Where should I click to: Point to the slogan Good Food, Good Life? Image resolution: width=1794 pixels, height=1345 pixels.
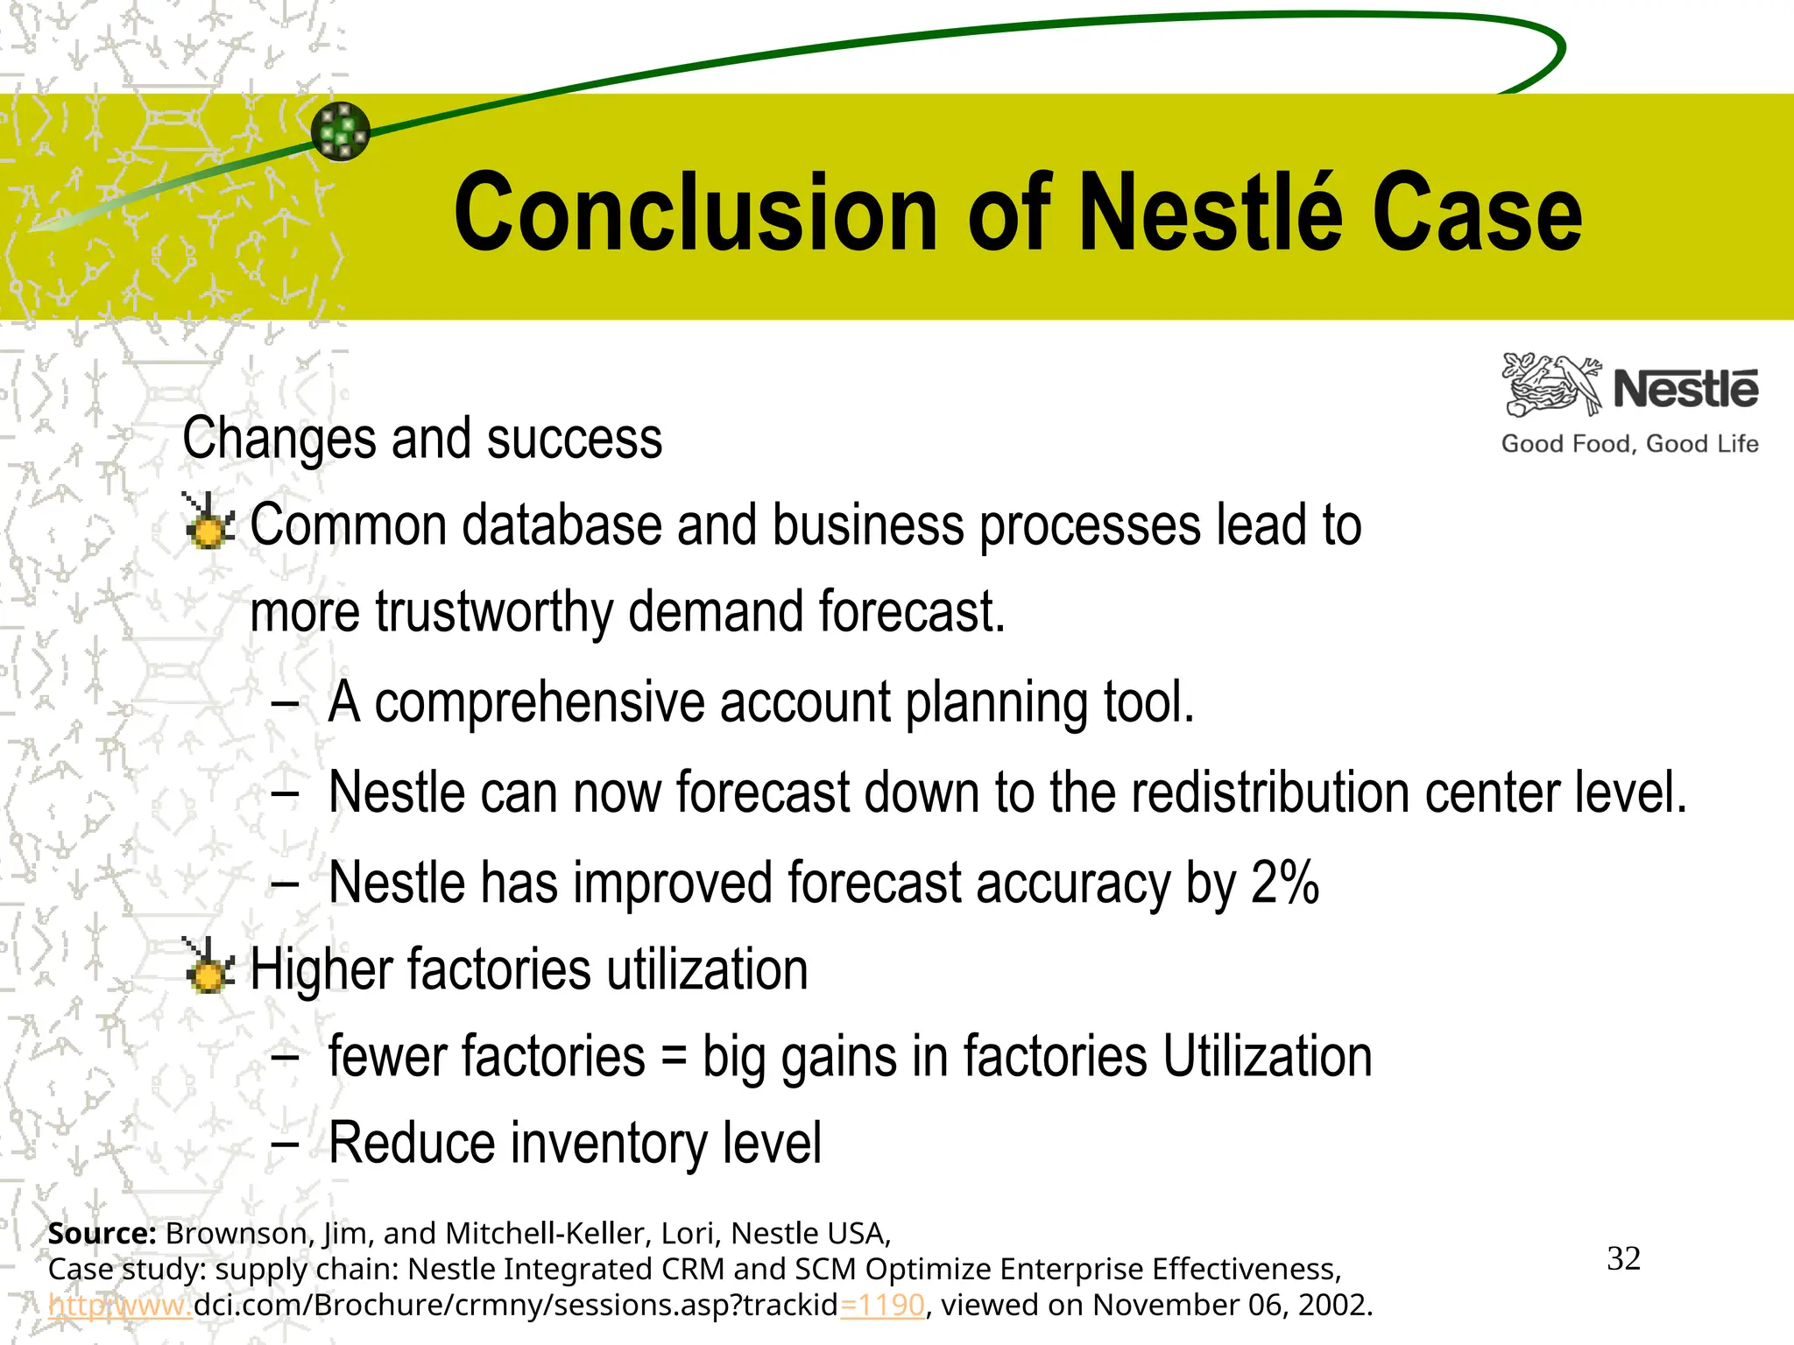[1629, 444]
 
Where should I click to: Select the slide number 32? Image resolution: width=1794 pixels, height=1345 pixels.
[1623, 1259]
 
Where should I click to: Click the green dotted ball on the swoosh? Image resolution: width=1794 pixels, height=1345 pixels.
[341, 131]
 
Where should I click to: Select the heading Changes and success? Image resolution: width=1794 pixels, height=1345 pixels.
[422, 438]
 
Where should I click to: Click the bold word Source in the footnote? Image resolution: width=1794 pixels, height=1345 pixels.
[102, 1233]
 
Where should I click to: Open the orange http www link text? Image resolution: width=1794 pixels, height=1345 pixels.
[119, 1306]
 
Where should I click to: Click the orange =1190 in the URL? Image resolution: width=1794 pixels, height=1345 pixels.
[882, 1306]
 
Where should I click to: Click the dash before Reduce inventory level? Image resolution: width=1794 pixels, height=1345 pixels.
[285, 1144]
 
